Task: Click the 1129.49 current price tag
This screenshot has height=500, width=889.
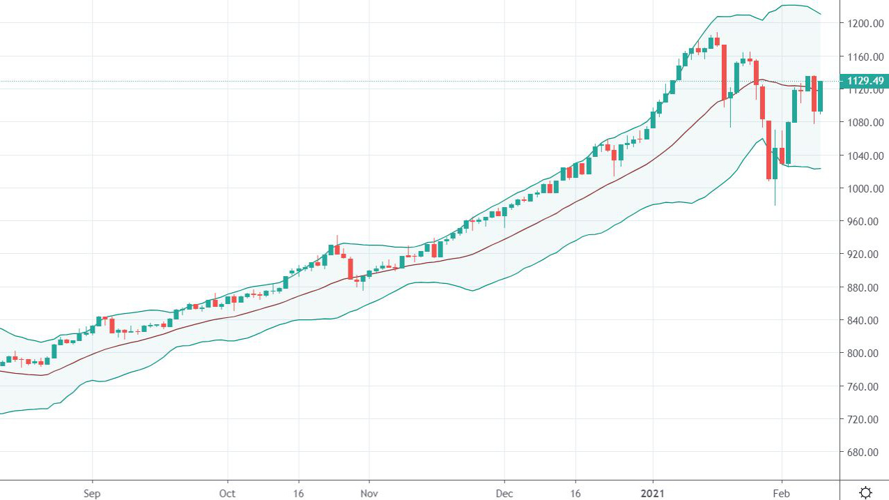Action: coord(864,82)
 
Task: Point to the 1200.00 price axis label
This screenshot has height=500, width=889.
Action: coord(864,23)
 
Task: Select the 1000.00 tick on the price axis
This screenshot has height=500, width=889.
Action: coord(864,188)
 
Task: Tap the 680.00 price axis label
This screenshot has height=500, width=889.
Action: coord(864,452)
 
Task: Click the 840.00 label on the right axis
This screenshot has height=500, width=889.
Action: coord(864,320)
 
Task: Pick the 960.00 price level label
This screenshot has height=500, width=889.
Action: coord(864,221)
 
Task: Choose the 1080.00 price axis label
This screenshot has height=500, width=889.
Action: coord(864,122)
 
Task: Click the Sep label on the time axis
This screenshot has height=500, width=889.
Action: coord(93,493)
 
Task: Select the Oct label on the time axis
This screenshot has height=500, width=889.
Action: coord(227,493)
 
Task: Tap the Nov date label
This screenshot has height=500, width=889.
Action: coord(369,493)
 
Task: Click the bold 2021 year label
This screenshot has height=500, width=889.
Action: coord(653,493)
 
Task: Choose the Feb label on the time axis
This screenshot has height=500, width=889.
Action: coord(782,493)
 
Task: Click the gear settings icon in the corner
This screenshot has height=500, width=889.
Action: coord(865,492)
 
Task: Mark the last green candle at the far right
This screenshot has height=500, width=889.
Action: coord(821,96)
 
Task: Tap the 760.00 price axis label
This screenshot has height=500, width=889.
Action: coord(864,386)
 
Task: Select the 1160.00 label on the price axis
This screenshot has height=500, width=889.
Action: coord(864,56)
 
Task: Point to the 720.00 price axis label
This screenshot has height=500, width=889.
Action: coord(864,419)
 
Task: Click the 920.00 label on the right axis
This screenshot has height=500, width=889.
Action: coord(864,254)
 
